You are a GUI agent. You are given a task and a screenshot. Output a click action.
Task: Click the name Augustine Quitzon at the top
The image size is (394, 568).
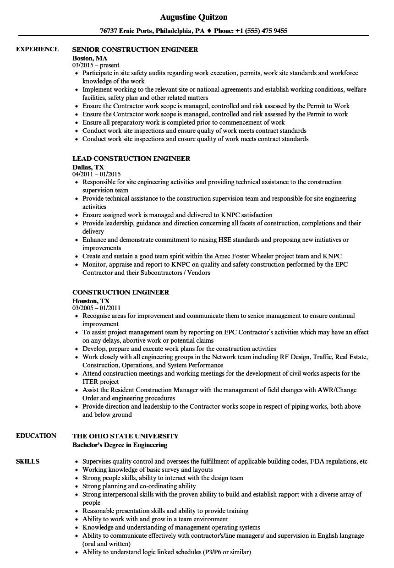[x=194, y=17]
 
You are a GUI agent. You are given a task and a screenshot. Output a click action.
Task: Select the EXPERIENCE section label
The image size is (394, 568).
[x=37, y=49]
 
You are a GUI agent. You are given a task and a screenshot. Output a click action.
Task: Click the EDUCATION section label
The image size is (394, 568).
[x=36, y=436]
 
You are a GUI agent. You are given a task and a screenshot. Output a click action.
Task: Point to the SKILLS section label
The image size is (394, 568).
[x=27, y=461]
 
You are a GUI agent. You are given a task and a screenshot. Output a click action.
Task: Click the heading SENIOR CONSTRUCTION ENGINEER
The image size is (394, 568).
[x=135, y=49]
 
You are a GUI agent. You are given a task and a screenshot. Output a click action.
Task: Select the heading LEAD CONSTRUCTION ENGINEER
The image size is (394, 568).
[x=131, y=158]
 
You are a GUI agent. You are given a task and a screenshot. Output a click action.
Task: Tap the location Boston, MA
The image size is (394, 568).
[x=90, y=58]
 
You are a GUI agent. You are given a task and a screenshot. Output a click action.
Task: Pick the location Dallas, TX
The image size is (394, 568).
[x=88, y=167]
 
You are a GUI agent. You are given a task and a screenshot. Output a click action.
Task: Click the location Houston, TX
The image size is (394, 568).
[x=91, y=301]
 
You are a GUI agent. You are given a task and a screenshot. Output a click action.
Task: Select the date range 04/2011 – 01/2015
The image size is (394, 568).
[x=97, y=175]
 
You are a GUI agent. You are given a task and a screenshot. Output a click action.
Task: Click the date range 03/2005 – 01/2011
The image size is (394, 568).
[x=97, y=308]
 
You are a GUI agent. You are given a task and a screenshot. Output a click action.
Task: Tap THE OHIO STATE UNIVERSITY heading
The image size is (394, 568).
[x=126, y=436]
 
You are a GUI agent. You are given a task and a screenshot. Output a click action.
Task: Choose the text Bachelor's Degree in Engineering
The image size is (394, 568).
[x=120, y=445]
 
